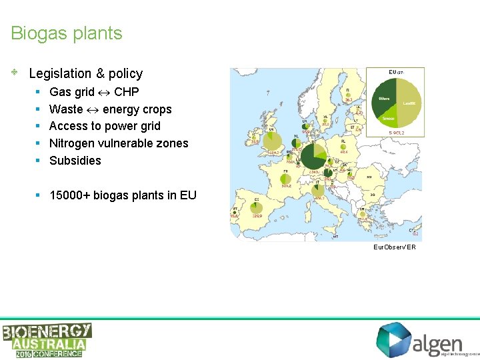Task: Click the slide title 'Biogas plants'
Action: [x=67, y=33]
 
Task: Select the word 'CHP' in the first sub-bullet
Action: [x=127, y=92]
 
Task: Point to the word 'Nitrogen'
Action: [x=71, y=143]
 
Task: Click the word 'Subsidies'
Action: [x=75, y=161]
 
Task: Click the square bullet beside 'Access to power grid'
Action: [x=39, y=126]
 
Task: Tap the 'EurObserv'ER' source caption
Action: [x=395, y=247]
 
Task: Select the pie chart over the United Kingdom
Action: [x=272, y=141]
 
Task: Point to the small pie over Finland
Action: [x=347, y=96]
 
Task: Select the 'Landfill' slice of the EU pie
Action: [x=411, y=103]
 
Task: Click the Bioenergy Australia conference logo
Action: [x=47, y=340]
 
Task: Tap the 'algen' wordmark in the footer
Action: [x=437, y=345]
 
